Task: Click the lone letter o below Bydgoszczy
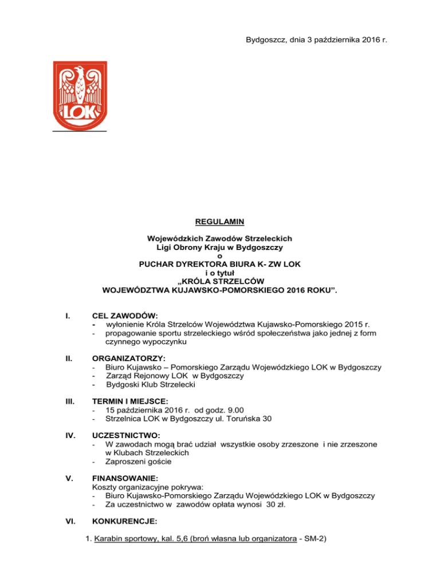point(219,255)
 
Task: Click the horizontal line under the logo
point(79,131)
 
